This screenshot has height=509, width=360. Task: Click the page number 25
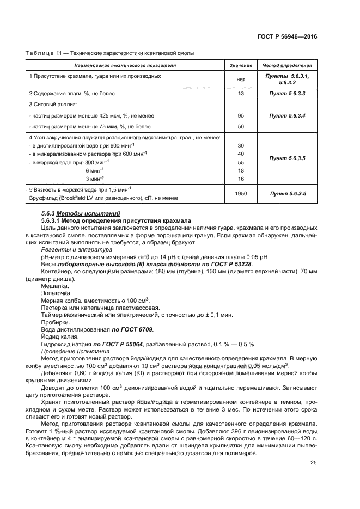[313, 463]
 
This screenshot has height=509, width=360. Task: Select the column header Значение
[241, 65]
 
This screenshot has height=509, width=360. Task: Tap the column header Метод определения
[287, 65]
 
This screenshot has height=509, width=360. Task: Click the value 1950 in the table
[241, 193]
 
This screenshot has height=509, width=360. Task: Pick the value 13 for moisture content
[241, 94]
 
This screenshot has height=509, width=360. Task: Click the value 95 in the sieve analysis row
[241, 115]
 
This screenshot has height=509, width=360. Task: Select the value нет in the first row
[241, 79]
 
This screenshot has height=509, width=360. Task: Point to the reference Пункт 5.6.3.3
[287, 94]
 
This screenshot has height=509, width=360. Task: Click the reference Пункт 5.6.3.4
[287, 115]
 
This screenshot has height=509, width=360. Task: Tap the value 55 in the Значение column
[241, 162]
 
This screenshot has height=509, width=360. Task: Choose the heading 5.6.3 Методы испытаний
[81, 212]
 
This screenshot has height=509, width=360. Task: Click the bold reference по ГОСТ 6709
[132, 329]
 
